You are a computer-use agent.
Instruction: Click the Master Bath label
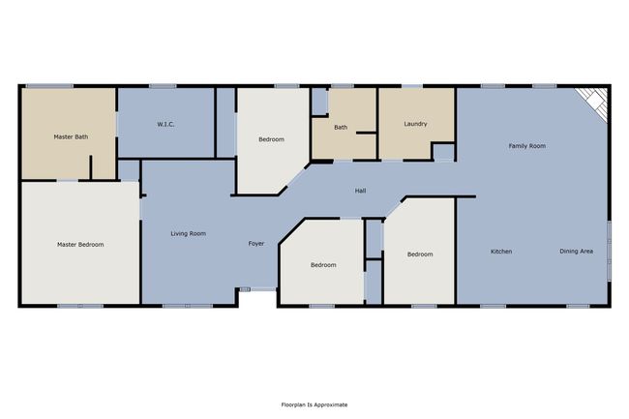tap(71, 136)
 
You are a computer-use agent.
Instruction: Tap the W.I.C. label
tap(165, 124)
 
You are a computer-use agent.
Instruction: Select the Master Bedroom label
tap(80, 244)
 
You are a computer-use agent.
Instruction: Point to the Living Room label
tap(188, 233)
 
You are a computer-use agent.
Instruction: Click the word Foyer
tap(255, 244)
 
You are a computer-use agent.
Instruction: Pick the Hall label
tap(360, 191)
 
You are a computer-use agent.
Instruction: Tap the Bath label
tap(341, 128)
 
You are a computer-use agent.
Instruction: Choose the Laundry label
tap(415, 124)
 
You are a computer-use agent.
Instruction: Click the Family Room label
tap(527, 146)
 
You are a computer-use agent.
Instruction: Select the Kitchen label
tap(501, 252)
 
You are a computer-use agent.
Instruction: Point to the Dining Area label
tap(576, 251)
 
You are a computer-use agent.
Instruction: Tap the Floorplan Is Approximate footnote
tap(314, 404)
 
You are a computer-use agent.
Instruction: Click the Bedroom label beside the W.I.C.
tap(271, 139)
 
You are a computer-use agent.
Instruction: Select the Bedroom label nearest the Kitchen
tap(420, 254)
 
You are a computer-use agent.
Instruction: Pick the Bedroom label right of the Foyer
tap(323, 265)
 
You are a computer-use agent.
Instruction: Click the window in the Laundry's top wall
tap(412, 86)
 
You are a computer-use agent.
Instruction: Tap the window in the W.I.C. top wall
tap(163, 86)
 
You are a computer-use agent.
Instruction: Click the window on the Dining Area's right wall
tap(609, 251)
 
